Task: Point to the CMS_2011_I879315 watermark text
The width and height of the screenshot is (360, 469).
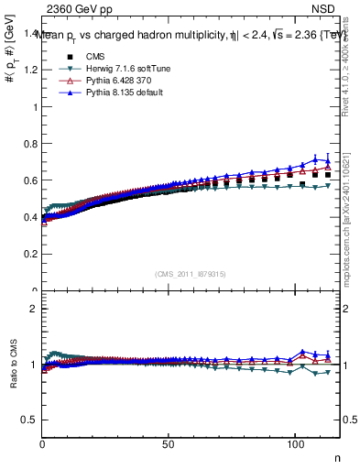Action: [x=190, y=274]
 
